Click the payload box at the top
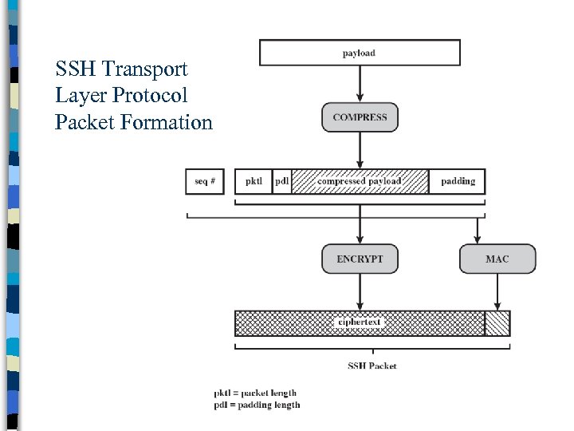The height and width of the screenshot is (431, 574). coord(360,53)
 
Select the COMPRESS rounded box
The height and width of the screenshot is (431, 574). coord(360,117)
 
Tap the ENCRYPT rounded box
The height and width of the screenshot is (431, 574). coord(360,259)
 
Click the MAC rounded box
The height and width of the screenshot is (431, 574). coord(497,259)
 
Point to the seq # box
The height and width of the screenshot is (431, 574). coord(205,181)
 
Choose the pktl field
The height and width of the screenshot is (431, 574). coord(254,181)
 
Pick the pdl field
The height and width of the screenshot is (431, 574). coord(282,181)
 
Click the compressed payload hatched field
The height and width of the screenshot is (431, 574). coord(360,181)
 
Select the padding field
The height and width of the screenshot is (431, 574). coord(458,181)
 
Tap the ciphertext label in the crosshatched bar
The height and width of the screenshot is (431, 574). coord(360,322)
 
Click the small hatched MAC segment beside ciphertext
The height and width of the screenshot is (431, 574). coord(497,323)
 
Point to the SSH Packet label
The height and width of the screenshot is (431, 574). coord(372,366)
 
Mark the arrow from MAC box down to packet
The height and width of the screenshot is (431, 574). coord(497,292)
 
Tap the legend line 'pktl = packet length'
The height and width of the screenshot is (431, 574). coord(255,393)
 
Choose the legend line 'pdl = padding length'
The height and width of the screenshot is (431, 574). coord(257,405)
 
